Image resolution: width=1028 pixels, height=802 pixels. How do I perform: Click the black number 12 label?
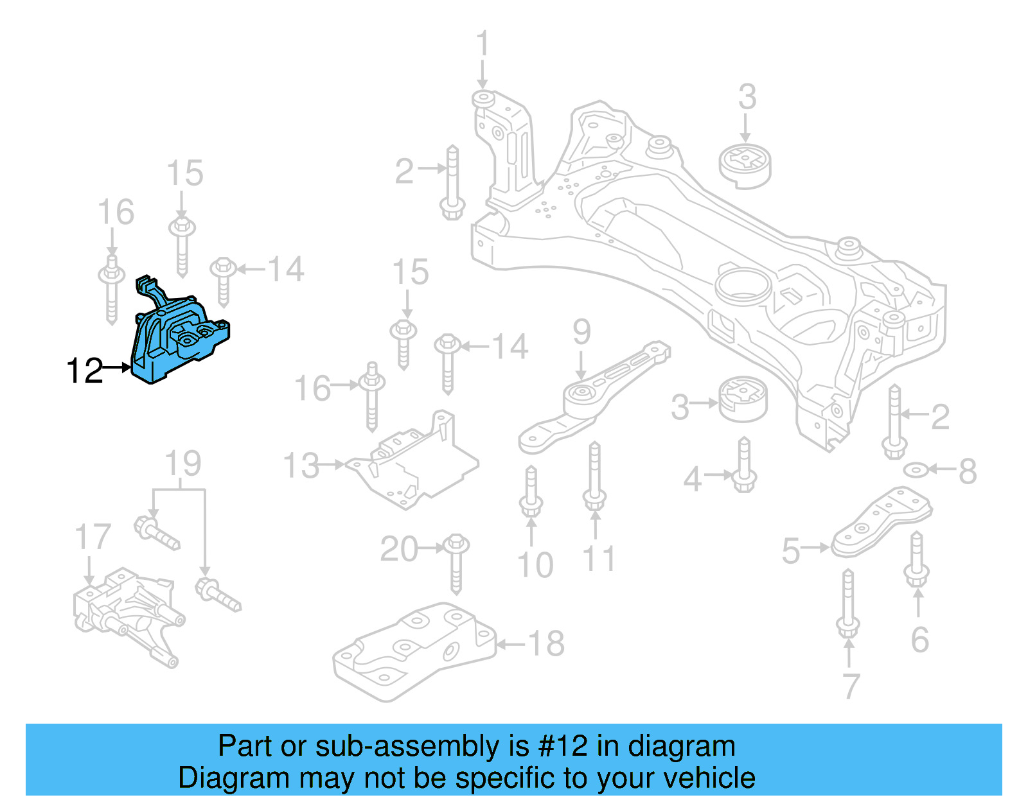point(84,370)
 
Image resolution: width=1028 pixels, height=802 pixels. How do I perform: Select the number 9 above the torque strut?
point(581,332)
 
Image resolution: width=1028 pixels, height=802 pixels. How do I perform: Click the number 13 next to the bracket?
point(301,466)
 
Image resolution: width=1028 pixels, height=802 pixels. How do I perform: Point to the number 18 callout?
point(546,643)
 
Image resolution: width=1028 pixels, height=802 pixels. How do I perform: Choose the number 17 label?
point(93,537)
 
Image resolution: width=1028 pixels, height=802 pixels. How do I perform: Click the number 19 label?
point(182,464)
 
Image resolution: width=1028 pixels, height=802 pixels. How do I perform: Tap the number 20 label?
point(399,549)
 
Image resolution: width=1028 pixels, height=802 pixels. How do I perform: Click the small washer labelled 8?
point(914,471)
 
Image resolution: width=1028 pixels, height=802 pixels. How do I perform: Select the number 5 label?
point(791,551)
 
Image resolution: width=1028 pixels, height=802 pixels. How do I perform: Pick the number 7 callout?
point(851,686)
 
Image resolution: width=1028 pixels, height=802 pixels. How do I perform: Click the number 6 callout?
point(919,639)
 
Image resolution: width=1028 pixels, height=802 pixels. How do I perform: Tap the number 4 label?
point(692,479)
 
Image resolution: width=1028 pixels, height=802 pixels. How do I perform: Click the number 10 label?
point(535,565)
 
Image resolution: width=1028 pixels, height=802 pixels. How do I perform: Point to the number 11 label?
point(599,559)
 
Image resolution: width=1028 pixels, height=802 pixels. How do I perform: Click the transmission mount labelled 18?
point(414,652)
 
